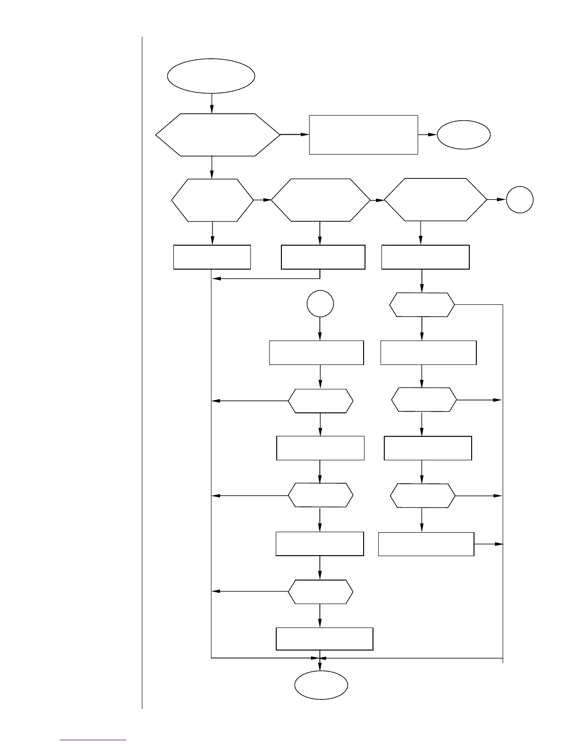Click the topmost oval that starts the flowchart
pos(211,76)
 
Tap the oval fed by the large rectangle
pos(464,135)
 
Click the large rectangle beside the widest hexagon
pos(363,134)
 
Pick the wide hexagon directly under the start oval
pos(218,135)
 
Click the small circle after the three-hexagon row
pos(520,200)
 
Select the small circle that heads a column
pos(320,304)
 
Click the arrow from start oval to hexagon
pos(212,103)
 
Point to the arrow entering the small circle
pos(497,200)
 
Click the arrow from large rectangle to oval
pos(427,135)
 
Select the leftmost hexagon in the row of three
pos(212,200)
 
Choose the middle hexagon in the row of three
pos(320,200)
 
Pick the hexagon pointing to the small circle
pos(435,200)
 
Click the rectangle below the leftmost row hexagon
pos(212,257)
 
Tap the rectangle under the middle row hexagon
pos(323,257)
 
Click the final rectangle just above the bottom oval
pos(324,639)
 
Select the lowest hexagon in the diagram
pos(320,591)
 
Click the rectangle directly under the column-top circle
pos(316,353)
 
